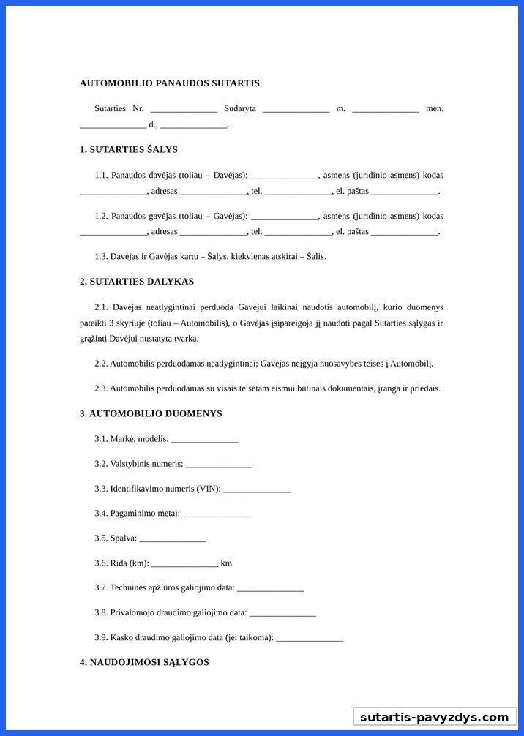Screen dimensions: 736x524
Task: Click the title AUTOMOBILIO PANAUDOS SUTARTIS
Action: pyautogui.click(x=169, y=83)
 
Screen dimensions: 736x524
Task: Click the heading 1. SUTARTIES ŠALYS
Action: pyautogui.click(x=129, y=149)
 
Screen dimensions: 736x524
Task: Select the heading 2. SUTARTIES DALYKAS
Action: pyautogui.click(x=137, y=282)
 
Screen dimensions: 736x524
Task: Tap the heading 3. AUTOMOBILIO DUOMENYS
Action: pyautogui.click(x=151, y=413)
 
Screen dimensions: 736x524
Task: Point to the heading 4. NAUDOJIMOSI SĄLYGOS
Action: pyautogui.click(x=144, y=662)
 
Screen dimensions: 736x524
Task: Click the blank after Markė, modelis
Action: pyautogui.click(x=204, y=440)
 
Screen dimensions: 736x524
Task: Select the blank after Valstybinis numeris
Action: pyautogui.click(x=219, y=465)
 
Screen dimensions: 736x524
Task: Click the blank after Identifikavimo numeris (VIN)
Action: pyautogui.click(x=256, y=489)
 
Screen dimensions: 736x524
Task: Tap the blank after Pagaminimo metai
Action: pyautogui.click(x=215, y=514)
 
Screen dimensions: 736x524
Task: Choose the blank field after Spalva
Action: pyautogui.click(x=173, y=539)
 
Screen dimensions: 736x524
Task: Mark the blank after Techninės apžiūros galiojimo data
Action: pyautogui.click(x=270, y=589)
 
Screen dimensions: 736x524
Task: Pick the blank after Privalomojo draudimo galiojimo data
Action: pyautogui.click(x=282, y=614)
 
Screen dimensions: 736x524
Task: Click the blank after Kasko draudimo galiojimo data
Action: pyautogui.click(x=310, y=639)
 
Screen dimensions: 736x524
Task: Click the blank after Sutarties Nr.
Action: pyautogui.click(x=184, y=110)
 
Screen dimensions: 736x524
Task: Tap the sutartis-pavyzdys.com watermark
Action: pyautogui.click(x=434, y=717)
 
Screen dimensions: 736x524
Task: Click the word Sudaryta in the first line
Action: pyautogui.click(x=240, y=109)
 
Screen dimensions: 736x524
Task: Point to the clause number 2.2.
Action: pyautogui.click(x=101, y=364)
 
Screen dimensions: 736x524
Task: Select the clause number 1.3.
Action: pyautogui.click(x=101, y=257)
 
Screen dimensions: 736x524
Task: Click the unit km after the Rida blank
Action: pyautogui.click(x=226, y=563)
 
